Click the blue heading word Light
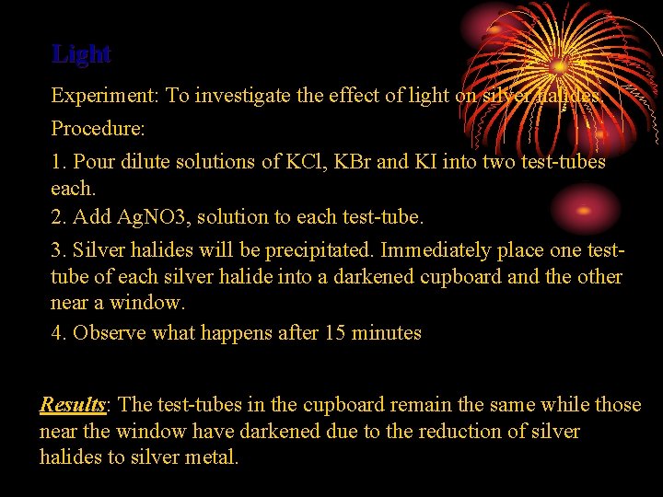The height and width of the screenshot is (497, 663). click(x=81, y=54)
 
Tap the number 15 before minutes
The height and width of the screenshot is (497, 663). click(x=336, y=333)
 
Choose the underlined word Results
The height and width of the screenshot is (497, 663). click(x=73, y=405)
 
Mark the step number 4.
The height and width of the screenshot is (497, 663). click(x=57, y=333)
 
